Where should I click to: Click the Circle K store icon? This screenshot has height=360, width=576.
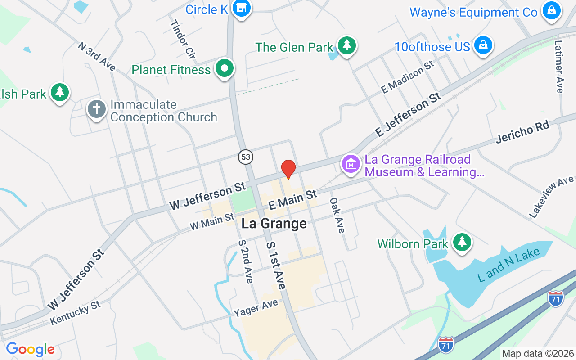point(242,8)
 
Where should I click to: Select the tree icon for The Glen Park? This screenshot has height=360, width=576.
point(346,45)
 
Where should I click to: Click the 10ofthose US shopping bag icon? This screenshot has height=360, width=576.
point(483,45)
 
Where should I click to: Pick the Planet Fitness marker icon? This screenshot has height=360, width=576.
point(225,69)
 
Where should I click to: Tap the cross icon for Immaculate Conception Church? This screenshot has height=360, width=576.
point(96,109)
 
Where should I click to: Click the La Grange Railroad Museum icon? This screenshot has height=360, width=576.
point(351,164)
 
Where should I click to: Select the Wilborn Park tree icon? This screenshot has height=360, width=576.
point(461,242)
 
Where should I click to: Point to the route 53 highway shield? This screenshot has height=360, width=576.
point(245,157)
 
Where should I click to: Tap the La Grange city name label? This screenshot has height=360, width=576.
point(274,224)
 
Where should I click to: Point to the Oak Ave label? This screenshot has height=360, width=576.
point(337,215)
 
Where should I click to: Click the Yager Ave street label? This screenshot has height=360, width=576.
point(256,307)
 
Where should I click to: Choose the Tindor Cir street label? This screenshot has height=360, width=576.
point(182,40)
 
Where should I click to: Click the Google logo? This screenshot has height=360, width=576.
point(30,349)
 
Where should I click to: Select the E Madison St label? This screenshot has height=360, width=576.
point(408,77)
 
